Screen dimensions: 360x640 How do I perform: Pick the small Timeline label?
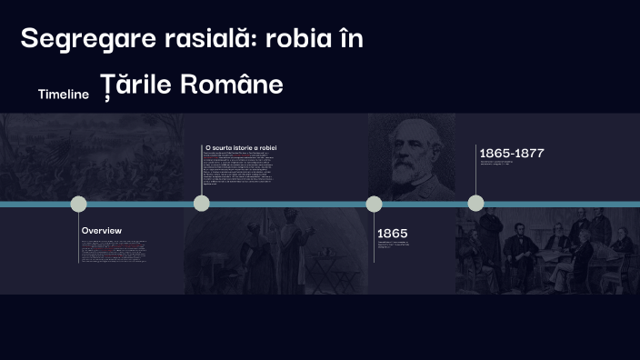click(64, 94)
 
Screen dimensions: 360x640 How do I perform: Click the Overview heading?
click(101, 231)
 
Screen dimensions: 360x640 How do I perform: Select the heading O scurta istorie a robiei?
click(241, 147)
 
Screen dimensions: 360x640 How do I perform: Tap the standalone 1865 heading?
click(393, 234)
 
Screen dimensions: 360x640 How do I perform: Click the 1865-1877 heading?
click(512, 153)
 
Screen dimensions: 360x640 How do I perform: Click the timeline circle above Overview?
click(79, 204)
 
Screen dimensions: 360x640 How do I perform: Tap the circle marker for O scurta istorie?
click(202, 203)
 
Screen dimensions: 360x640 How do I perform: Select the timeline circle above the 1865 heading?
click(374, 204)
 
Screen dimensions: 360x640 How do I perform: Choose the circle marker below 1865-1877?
click(475, 203)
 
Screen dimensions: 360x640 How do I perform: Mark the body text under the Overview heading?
click(114, 250)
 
